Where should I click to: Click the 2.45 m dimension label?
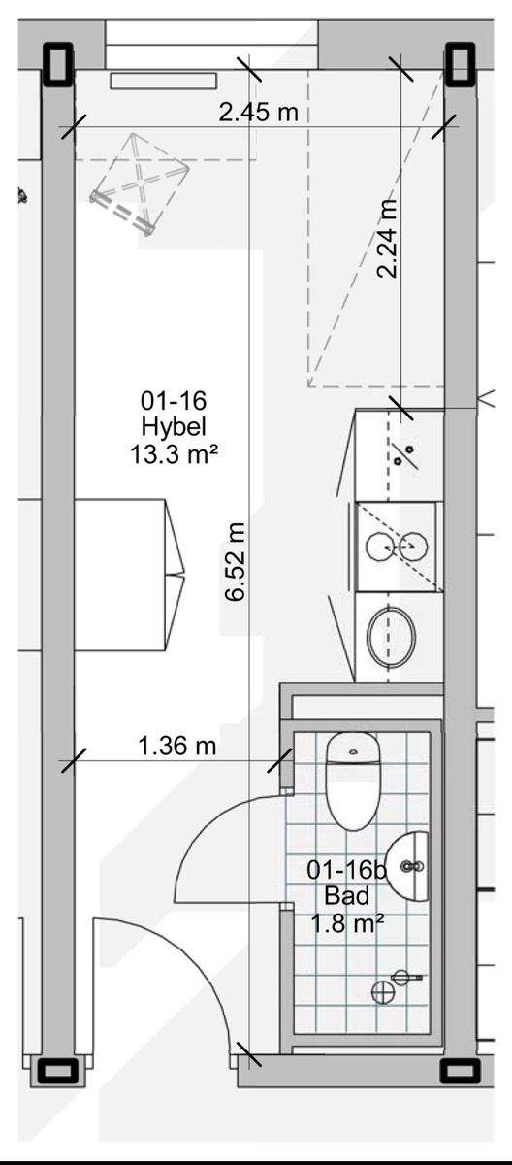259,113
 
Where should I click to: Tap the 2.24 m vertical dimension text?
388,238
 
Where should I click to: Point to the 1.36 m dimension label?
177,747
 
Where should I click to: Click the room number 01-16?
174,400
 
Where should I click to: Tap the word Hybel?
174,427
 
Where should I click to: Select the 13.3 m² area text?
174,455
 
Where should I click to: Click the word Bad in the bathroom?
347,896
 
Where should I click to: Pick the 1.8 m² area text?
347,923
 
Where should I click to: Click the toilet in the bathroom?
353,781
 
